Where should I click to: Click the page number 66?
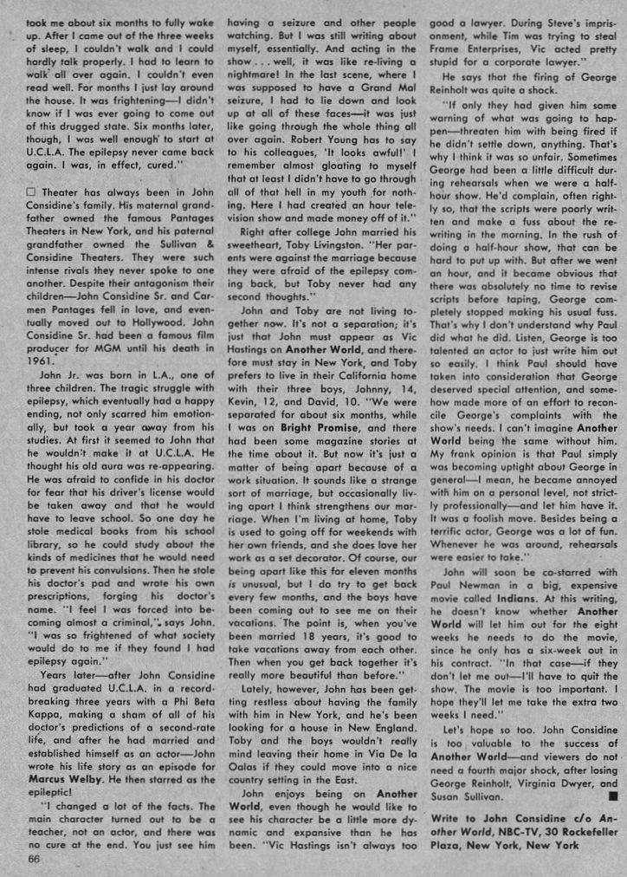pos(34,858)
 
